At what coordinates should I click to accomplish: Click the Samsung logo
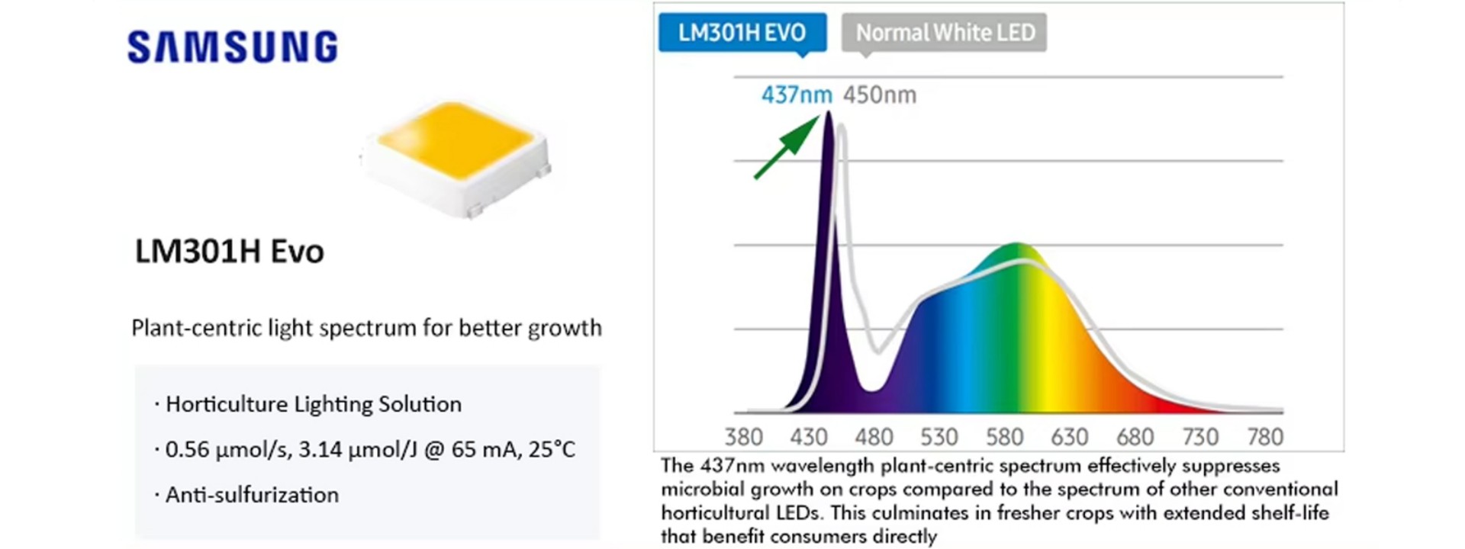233,47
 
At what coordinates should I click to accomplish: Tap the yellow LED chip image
456,152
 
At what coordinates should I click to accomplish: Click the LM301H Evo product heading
230,252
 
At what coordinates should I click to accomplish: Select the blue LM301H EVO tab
742,33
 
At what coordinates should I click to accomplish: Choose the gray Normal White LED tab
945,33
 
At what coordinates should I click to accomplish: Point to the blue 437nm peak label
796,95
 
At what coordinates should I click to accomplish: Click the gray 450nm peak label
880,95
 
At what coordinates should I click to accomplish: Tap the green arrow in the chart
787,146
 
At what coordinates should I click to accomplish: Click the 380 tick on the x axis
743,437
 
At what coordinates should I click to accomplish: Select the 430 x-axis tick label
809,437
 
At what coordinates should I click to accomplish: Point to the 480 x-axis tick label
874,437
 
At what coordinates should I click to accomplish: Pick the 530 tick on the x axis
939,437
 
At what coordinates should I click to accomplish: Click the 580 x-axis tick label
1004,437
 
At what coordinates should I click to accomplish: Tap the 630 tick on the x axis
1069,437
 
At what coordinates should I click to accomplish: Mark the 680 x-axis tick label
1135,437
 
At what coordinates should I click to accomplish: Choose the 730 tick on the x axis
1200,437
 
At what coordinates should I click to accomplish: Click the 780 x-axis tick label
1265,437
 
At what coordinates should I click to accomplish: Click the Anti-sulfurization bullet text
252,495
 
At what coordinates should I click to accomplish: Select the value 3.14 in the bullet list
320,449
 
